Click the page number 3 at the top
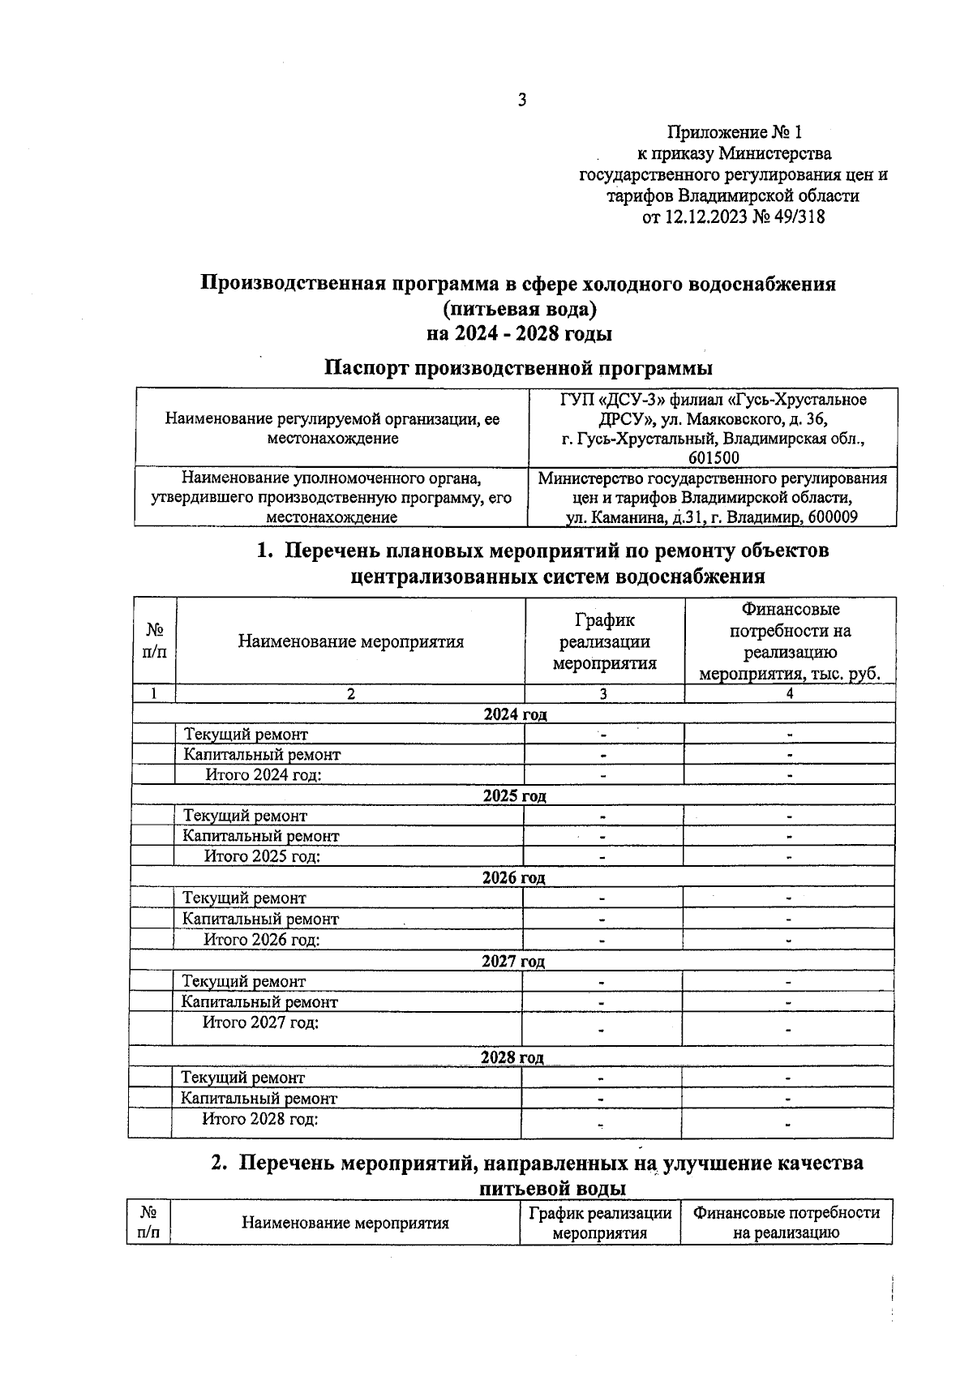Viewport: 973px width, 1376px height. (522, 100)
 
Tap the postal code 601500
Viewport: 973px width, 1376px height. (714, 458)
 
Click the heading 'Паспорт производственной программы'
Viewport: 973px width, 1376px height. (518, 367)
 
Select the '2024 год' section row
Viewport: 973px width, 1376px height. (515, 714)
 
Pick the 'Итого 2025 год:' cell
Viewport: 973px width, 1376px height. (262, 856)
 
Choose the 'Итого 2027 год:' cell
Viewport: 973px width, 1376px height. (260, 1022)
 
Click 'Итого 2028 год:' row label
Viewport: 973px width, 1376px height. (259, 1119)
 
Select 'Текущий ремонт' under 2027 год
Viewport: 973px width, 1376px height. (244, 981)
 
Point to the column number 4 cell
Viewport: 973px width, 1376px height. (790, 693)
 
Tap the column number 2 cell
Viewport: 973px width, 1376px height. (350, 693)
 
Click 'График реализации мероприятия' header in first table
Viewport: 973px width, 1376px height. (604, 641)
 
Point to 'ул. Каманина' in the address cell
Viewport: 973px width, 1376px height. (610, 517)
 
